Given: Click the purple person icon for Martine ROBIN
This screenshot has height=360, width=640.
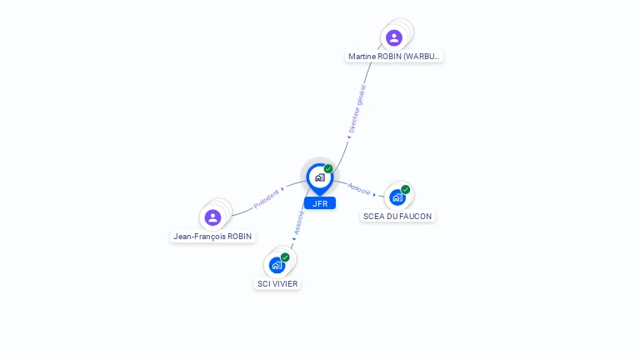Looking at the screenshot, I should pyautogui.click(x=394, y=37).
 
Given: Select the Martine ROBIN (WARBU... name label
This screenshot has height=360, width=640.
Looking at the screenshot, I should pyautogui.click(x=394, y=57).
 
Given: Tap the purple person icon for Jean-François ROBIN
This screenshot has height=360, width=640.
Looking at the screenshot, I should pyautogui.click(x=212, y=217).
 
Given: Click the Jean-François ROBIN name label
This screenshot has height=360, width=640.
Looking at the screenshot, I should pyautogui.click(x=212, y=237).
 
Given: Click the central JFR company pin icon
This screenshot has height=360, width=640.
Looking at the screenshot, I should pyautogui.click(x=319, y=177).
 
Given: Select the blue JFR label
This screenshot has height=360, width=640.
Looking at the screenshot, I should pyautogui.click(x=320, y=203).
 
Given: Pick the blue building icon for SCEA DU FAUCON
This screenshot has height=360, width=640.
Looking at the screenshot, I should pyautogui.click(x=397, y=197).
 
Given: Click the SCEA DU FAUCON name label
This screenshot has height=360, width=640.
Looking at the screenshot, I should pyautogui.click(x=398, y=216).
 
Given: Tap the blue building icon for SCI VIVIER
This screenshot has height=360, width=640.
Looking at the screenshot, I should pyautogui.click(x=277, y=265).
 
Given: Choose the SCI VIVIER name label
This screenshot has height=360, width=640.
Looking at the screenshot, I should pyautogui.click(x=277, y=283).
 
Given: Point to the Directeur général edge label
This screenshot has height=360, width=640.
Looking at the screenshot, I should pyautogui.click(x=357, y=109).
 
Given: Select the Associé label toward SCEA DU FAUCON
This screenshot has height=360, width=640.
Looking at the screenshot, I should pyautogui.click(x=359, y=189).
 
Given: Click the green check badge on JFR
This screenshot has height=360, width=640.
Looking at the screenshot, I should pyautogui.click(x=328, y=168).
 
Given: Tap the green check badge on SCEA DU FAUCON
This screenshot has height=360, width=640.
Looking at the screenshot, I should pyautogui.click(x=406, y=189).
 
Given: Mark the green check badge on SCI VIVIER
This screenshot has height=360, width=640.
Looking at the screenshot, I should pyautogui.click(x=285, y=257).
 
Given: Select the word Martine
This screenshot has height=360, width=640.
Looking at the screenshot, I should pyautogui.click(x=362, y=57).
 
